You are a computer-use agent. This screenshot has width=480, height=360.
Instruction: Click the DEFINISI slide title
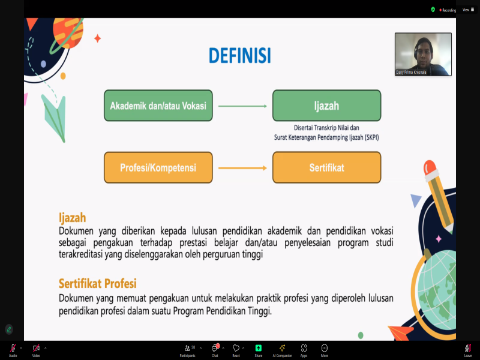tap(239, 55)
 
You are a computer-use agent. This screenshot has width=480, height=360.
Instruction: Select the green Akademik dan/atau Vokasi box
tap(158, 106)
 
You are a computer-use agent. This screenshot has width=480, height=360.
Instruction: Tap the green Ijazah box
tap(326, 106)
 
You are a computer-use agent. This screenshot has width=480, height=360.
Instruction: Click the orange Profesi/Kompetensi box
tap(158, 167)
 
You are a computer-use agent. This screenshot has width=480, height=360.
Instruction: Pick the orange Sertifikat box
tap(326, 167)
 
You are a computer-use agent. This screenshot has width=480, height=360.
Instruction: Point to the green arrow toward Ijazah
tap(242, 106)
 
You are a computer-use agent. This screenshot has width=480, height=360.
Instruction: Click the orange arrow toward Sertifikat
tap(242, 168)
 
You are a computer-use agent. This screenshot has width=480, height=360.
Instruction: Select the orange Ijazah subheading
tap(72, 218)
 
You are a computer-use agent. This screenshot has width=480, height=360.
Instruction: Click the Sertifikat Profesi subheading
tap(98, 283)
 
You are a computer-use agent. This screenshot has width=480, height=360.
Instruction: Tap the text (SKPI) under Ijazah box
tap(371, 137)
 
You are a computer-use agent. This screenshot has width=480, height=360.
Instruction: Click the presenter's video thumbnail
tap(423, 54)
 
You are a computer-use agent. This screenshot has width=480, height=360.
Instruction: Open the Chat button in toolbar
tap(215, 350)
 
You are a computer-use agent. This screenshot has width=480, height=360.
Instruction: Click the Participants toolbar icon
tap(187, 350)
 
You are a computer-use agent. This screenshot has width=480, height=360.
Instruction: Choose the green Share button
tap(259, 350)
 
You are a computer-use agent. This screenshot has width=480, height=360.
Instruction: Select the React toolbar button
tap(236, 350)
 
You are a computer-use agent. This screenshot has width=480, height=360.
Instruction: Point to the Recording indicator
tap(448, 10)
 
